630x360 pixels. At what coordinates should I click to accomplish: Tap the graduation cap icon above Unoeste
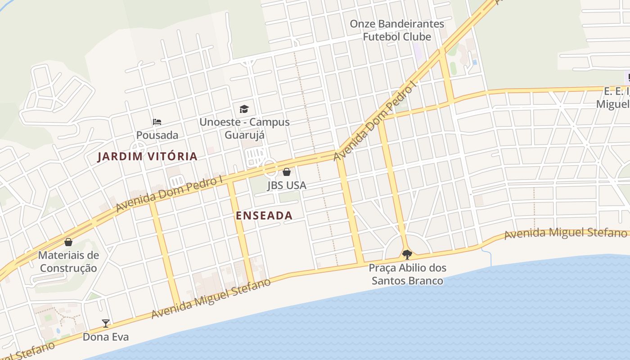click(244, 109)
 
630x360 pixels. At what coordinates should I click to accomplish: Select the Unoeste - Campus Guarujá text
click(244, 128)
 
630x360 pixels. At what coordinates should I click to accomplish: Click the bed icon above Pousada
click(157, 122)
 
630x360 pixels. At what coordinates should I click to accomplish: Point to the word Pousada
click(157, 135)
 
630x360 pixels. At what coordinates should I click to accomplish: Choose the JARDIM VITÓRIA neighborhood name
click(148, 157)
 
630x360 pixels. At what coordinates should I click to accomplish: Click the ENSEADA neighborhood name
click(264, 216)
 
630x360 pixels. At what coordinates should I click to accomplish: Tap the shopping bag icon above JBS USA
click(287, 172)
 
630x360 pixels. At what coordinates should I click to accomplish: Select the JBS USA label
click(287, 185)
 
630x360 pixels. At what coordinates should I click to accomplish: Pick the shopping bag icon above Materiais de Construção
click(68, 243)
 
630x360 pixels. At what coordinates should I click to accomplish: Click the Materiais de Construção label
click(68, 261)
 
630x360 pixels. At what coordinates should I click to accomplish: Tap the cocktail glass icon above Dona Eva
click(106, 323)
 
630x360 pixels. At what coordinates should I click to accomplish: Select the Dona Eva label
click(106, 337)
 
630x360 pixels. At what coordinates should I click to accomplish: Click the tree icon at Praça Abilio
click(407, 255)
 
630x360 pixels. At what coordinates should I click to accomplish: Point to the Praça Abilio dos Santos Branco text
click(408, 274)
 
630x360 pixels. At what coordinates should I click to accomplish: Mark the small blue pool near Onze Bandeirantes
click(475, 62)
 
